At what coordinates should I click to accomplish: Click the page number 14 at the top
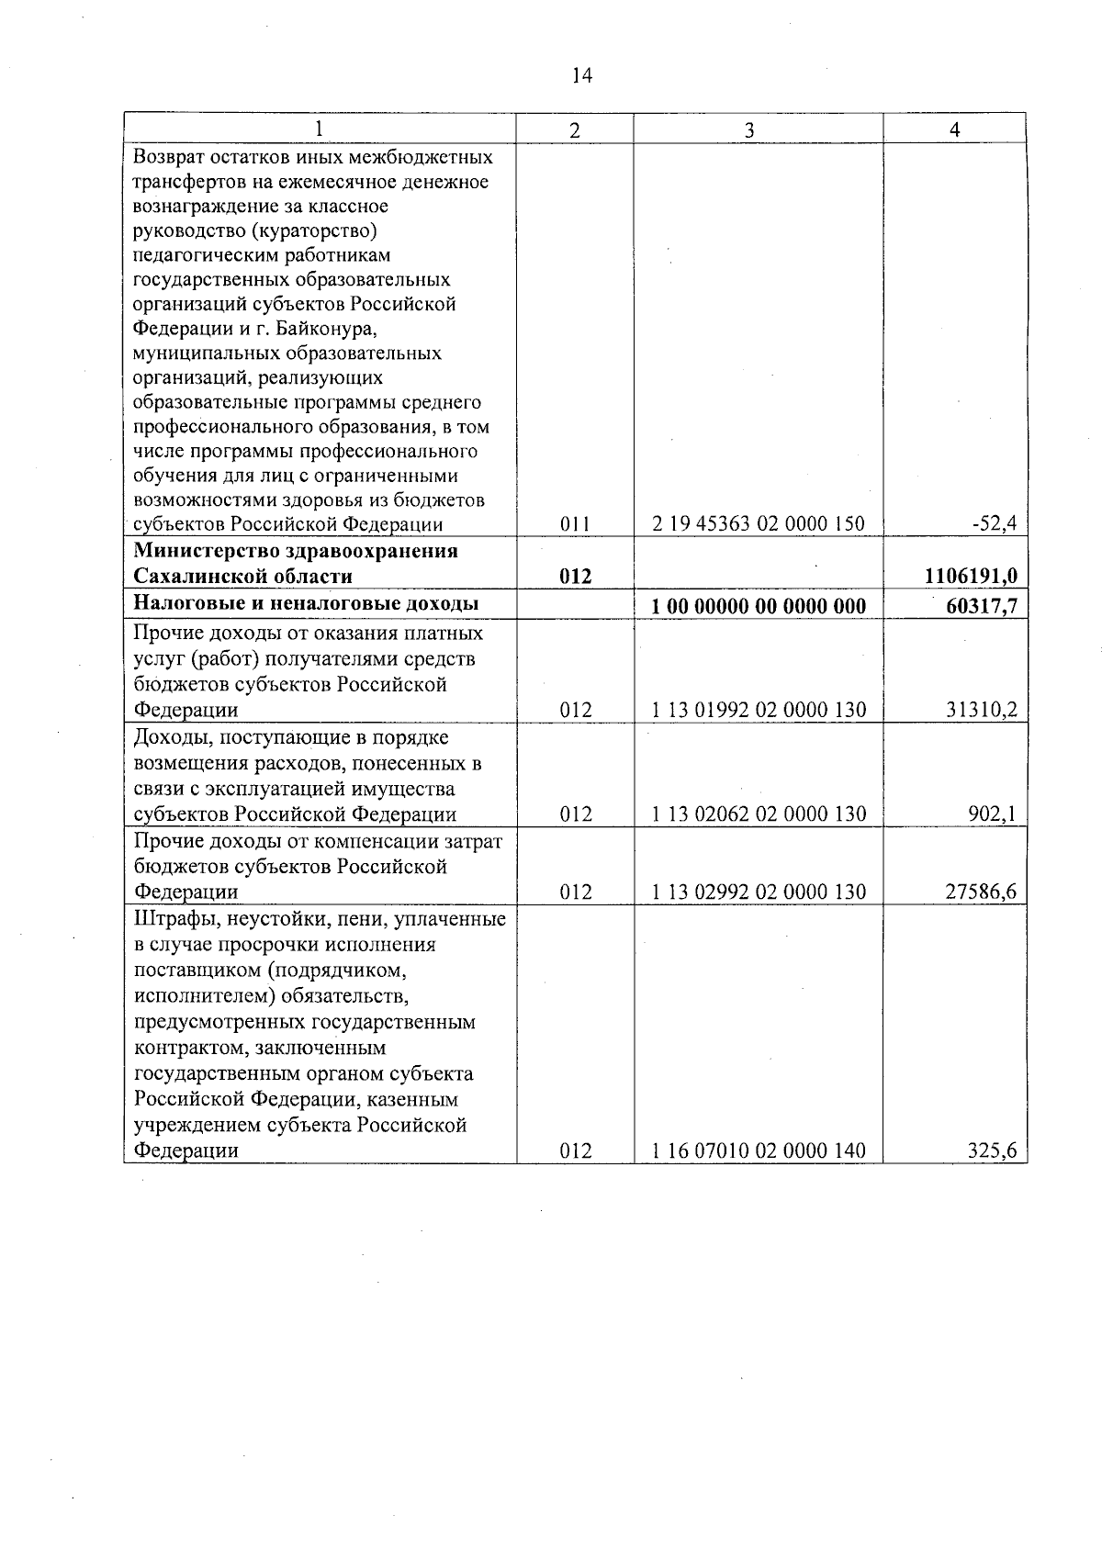tap(581, 76)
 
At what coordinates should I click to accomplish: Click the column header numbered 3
tap(749, 131)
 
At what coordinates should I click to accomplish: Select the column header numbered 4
tap(955, 130)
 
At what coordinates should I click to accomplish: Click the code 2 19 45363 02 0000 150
tap(759, 524)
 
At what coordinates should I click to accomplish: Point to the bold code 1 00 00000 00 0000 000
tap(759, 605)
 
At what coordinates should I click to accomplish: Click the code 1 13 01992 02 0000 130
tap(759, 710)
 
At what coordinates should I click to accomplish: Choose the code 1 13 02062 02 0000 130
tap(759, 814)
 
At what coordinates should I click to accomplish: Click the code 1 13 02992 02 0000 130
tap(759, 892)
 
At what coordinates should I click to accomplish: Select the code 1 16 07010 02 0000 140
tap(759, 1150)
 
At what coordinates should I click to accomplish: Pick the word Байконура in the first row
tap(322, 328)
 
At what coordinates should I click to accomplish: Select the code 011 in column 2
tap(575, 524)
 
